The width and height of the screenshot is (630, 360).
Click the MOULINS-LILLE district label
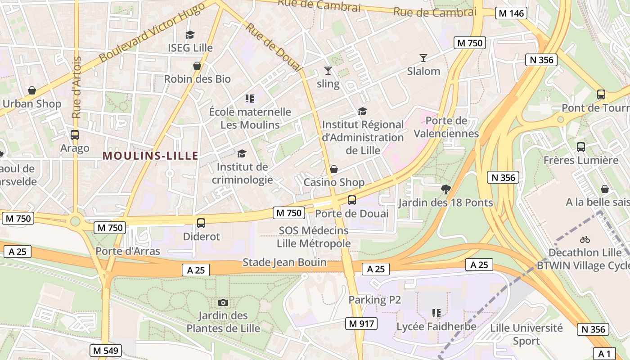tap(150, 156)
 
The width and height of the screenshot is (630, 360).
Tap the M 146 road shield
tap(512, 13)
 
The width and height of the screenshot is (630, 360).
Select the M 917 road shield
tap(361, 323)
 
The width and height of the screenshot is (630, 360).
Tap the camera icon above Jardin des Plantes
tap(223, 302)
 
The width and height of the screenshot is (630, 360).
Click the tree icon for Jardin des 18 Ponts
tap(446, 189)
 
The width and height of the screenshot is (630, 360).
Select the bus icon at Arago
tap(75, 135)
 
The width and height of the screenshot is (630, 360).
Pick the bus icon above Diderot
tap(201, 223)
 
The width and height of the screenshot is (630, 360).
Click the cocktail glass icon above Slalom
tap(423, 58)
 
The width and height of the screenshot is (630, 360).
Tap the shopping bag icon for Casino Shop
tap(334, 169)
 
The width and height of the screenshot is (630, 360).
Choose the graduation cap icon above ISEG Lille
tap(190, 35)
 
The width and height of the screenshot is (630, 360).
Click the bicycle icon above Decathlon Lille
tap(585, 239)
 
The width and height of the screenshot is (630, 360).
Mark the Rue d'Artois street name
tap(76, 88)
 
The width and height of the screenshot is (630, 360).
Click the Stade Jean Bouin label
tap(284, 262)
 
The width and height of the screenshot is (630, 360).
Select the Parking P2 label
tap(374, 300)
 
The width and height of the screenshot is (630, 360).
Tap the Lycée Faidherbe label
tap(436, 326)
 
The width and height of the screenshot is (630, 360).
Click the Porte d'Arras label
tap(128, 251)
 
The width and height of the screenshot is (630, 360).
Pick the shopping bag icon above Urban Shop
tap(32, 90)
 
